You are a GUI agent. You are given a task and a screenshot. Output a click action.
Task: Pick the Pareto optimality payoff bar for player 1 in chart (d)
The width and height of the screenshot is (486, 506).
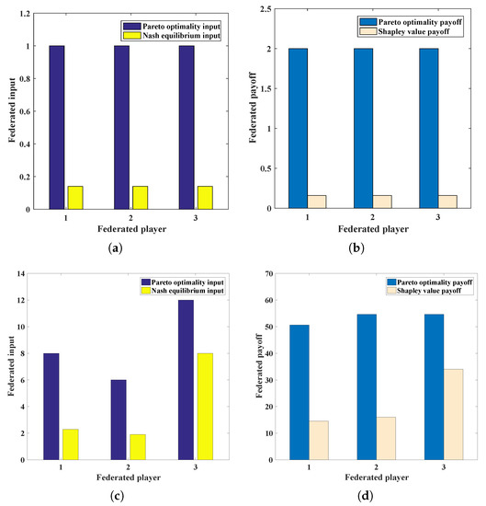click(300, 392)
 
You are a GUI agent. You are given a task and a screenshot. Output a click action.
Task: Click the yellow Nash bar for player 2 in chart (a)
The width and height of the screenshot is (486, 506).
click(140, 197)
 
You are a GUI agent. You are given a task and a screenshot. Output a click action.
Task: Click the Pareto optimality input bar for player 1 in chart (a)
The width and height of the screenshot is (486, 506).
click(57, 127)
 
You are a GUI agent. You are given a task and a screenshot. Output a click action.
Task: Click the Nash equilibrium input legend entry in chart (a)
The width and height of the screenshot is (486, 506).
click(174, 34)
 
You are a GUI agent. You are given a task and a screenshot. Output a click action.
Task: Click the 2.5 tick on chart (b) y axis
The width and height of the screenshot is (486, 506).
click(265, 8)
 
